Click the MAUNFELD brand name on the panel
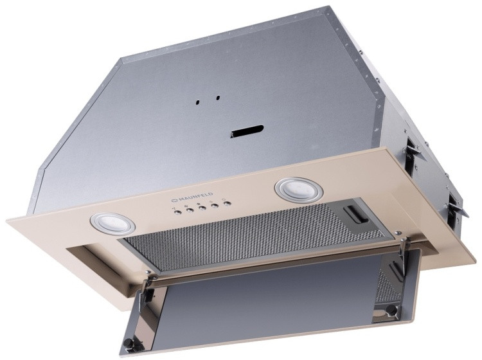pyautogui.click(x=192, y=197)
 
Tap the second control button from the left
pyautogui.click(x=189, y=210)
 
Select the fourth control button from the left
pyautogui.click(x=215, y=206)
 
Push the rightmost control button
pyautogui.click(x=227, y=204)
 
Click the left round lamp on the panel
pyautogui.click(x=112, y=223)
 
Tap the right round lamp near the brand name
pyautogui.click(x=299, y=189)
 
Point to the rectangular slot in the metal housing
pyautogui.click(x=248, y=131)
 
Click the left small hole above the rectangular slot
pyautogui.click(x=199, y=102)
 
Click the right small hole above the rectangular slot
pyautogui.click(x=218, y=98)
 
